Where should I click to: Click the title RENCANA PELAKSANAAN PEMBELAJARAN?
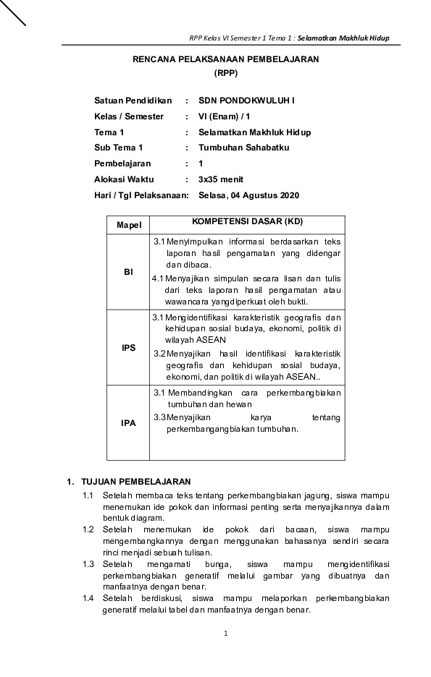[x=225, y=60]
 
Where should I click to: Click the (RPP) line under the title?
[x=225, y=73]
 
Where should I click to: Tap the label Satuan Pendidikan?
[x=133, y=101]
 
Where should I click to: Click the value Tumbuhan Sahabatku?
[x=243, y=148]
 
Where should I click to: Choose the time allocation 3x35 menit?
[x=221, y=179]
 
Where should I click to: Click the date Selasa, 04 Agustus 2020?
[x=248, y=195]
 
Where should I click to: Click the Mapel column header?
[x=128, y=226]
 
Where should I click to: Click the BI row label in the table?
[x=128, y=272]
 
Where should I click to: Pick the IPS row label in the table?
[x=128, y=348]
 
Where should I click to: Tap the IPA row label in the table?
[x=128, y=423]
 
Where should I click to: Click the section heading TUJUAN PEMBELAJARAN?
[x=136, y=481]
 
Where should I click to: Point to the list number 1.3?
[x=88, y=563]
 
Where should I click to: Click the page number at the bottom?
[x=226, y=634]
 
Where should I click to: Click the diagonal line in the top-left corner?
[x=12, y=12]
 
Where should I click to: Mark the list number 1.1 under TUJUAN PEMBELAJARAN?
[x=88, y=495]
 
